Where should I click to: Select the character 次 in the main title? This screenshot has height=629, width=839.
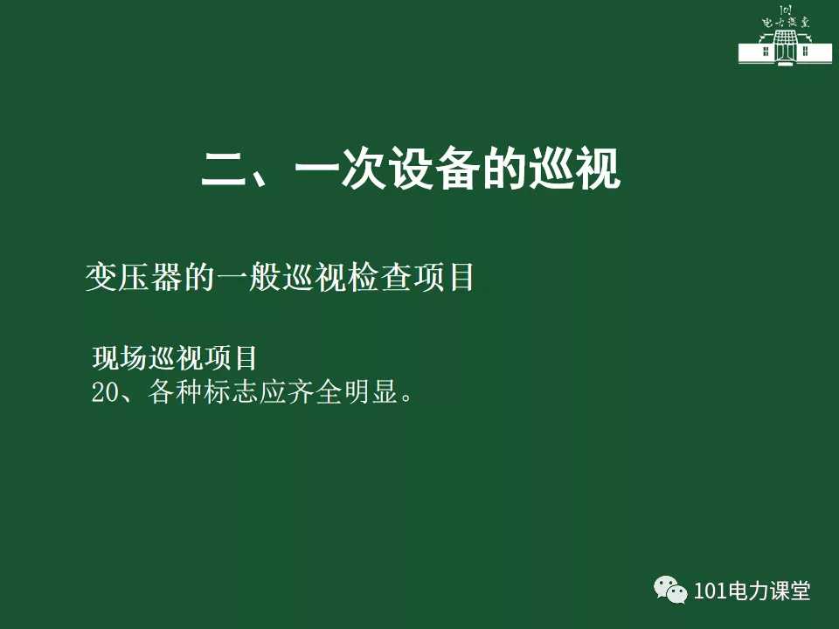click(364, 169)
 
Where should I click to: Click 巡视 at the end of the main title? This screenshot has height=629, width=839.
click(575, 169)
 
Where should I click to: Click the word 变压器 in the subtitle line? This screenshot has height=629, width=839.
click(135, 277)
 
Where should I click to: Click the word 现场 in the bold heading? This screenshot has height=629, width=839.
click(120, 358)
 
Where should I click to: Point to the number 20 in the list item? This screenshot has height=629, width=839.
click(106, 392)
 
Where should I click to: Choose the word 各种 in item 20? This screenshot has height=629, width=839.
click(176, 391)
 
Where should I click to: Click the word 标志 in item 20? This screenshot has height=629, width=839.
click(231, 391)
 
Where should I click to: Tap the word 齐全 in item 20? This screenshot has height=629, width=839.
click(315, 391)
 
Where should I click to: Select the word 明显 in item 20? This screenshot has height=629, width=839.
click(371, 391)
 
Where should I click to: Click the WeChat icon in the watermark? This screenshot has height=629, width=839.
click(670, 590)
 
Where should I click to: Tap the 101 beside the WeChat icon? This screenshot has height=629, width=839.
click(710, 591)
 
